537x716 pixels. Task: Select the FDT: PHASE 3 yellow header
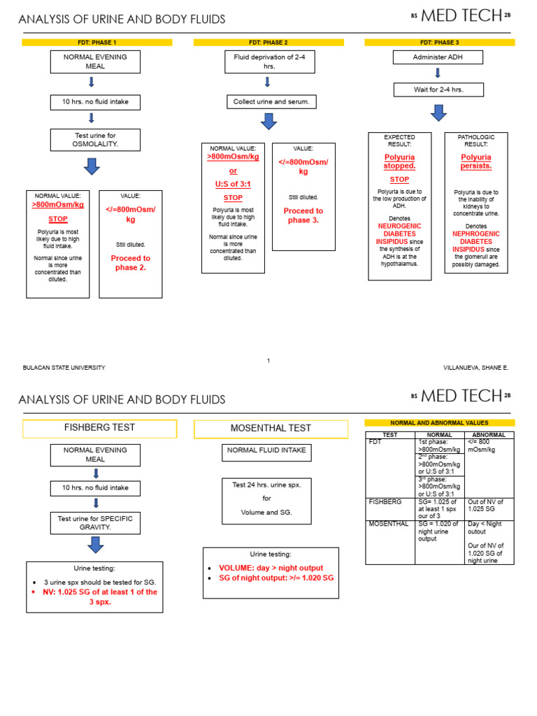click(440, 43)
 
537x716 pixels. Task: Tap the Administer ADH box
click(438, 57)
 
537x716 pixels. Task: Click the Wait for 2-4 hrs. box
click(438, 89)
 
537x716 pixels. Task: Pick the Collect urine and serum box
click(268, 102)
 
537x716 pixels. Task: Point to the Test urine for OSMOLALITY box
click(95, 139)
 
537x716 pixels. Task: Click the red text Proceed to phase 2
click(131, 262)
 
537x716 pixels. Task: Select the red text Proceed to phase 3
click(303, 215)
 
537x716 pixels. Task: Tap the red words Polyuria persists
click(475, 162)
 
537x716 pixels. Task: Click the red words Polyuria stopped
click(399, 162)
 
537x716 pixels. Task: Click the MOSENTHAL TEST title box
click(271, 429)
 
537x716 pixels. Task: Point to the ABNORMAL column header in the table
click(489, 435)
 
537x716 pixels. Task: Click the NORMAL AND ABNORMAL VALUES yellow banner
click(440, 423)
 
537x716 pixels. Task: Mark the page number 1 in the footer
click(268, 361)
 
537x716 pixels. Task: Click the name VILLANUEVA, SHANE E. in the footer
click(476, 368)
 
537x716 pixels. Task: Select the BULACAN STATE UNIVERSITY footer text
click(64, 368)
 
